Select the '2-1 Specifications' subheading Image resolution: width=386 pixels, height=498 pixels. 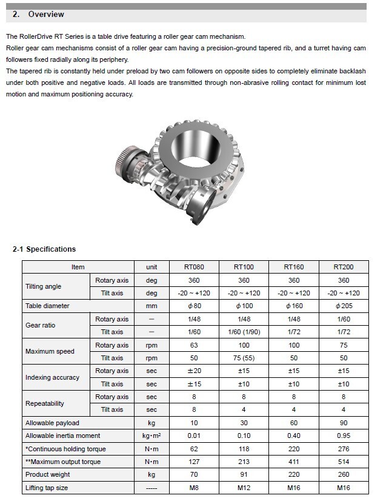coord(44,249)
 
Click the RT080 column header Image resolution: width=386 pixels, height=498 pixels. coord(193,267)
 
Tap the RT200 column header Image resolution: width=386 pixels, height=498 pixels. coord(343,267)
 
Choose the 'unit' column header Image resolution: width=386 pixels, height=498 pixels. coord(151,267)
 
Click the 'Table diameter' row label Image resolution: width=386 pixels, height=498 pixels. coord(47,306)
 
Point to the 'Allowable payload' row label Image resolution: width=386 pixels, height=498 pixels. coord(52,422)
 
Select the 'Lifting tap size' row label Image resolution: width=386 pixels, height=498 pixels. coord(47,487)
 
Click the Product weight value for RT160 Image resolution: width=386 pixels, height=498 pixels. coord(293,474)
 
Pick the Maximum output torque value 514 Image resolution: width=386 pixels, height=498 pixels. coord(343,462)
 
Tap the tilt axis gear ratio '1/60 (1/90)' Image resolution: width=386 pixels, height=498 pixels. coord(244,332)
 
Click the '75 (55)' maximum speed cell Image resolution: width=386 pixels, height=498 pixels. coord(244,358)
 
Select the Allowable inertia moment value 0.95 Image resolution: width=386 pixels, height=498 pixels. coord(343,436)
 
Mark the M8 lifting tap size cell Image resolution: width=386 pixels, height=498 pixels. coord(193,487)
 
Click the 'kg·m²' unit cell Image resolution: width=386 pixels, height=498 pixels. coord(151,436)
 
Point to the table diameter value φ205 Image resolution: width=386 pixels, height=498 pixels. coord(343,306)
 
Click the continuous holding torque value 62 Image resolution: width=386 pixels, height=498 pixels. coord(193,449)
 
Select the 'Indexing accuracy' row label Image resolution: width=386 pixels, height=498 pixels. coord(52,377)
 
